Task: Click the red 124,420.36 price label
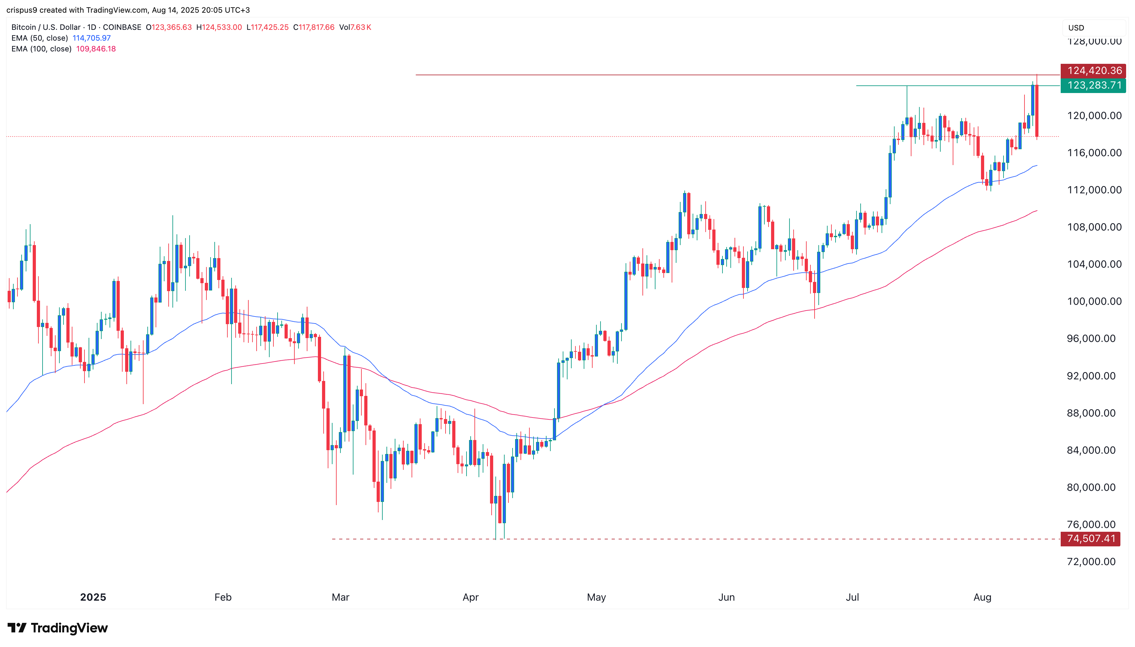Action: pyautogui.click(x=1092, y=71)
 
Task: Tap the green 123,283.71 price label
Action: pyautogui.click(x=1092, y=85)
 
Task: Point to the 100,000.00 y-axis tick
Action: pyautogui.click(x=1091, y=301)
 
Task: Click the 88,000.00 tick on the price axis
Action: pyautogui.click(x=1091, y=413)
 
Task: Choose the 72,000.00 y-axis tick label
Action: pyautogui.click(x=1091, y=562)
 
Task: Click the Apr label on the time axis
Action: pyautogui.click(x=470, y=597)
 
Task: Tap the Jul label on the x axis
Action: pyautogui.click(x=852, y=597)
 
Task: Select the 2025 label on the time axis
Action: pyautogui.click(x=93, y=597)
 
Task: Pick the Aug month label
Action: pyautogui.click(x=982, y=597)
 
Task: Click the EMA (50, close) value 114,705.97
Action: pyautogui.click(x=91, y=38)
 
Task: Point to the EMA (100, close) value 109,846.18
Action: pyautogui.click(x=96, y=49)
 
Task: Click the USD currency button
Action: pyautogui.click(x=1076, y=28)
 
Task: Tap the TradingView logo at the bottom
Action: pyautogui.click(x=58, y=628)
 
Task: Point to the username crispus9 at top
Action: pyautogui.click(x=22, y=10)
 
